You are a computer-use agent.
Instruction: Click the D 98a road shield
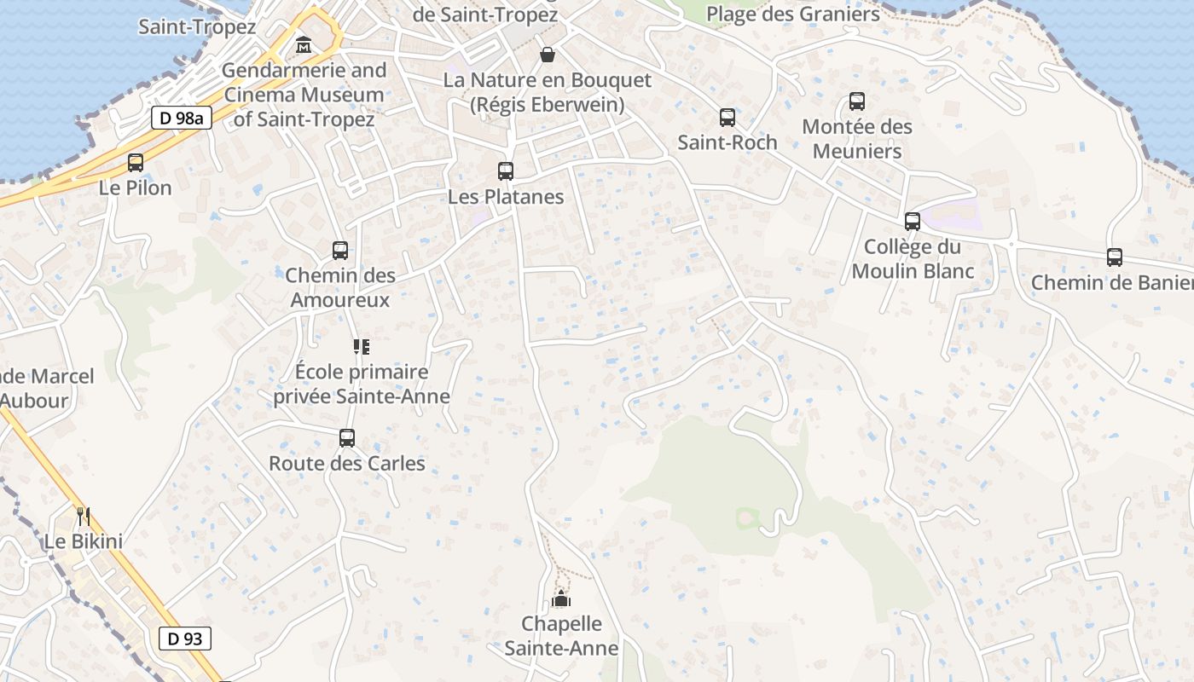[x=182, y=118]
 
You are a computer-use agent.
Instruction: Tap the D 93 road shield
[x=184, y=638]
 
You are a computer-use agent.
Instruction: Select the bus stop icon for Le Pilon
[x=136, y=163]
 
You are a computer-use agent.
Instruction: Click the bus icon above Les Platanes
[x=506, y=171]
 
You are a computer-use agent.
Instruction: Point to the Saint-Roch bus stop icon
[x=727, y=118]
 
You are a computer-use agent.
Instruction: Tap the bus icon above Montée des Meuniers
[x=857, y=101]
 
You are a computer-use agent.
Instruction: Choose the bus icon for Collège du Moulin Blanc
[x=913, y=222]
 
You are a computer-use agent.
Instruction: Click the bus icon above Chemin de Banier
[x=1115, y=257]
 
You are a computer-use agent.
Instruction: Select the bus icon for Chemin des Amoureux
[x=340, y=251]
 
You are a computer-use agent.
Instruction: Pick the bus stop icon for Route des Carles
[x=347, y=438]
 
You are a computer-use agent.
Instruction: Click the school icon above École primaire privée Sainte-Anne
[x=362, y=346]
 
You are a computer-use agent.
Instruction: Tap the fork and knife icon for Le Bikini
[x=84, y=516]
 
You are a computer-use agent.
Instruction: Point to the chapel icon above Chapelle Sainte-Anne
[x=561, y=599]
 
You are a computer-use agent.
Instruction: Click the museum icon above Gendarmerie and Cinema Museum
[x=304, y=44]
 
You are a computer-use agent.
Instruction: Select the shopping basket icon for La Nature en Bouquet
[x=548, y=55]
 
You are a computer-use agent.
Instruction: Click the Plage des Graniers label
[x=793, y=14]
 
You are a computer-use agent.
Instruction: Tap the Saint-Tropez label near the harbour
[x=197, y=26]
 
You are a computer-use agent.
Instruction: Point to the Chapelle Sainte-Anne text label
[x=561, y=636]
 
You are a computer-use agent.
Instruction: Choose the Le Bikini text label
[x=84, y=541]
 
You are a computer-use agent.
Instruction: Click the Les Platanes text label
[x=506, y=197]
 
